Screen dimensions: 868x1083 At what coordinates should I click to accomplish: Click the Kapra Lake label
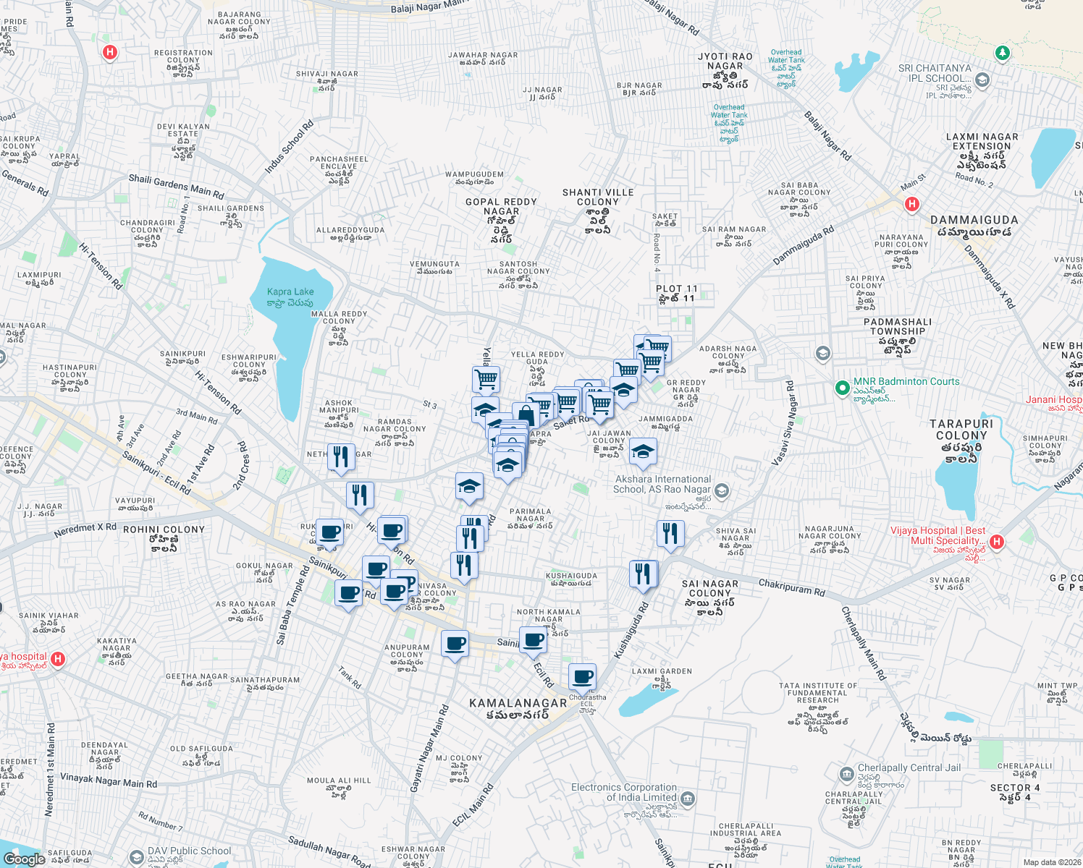(x=290, y=292)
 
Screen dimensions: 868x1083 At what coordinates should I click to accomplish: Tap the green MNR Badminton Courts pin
(x=841, y=388)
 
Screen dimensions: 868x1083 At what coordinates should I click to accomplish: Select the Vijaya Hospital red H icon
(x=996, y=542)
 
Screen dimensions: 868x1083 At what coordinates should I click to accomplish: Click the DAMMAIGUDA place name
(x=974, y=220)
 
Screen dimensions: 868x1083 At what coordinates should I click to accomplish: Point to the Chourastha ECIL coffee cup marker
(x=582, y=678)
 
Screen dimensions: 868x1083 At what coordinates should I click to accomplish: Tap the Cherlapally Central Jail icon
(x=847, y=775)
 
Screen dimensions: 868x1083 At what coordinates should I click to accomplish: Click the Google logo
(x=25, y=859)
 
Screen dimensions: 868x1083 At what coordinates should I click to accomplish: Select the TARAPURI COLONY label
(x=961, y=430)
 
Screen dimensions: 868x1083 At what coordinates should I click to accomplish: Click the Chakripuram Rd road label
(x=791, y=587)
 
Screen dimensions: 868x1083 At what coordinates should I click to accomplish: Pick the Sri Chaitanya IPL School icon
(x=982, y=80)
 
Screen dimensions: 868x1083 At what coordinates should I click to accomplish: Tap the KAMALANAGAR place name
(x=518, y=703)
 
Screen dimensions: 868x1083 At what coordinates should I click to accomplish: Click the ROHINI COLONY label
(x=164, y=529)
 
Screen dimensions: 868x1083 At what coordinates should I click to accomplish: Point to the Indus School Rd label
(x=289, y=147)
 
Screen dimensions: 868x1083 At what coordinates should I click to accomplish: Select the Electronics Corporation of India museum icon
(x=688, y=799)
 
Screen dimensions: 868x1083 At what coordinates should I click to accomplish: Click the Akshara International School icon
(x=721, y=491)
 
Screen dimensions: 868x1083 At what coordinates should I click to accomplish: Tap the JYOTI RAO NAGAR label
(x=725, y=66)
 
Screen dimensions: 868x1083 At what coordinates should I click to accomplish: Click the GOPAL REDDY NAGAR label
(x=501, y=207)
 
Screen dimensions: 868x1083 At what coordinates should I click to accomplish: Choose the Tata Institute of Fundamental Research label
(x=817, y=693)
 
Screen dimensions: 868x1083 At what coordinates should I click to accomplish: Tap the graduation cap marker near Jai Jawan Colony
(x=642, y=453)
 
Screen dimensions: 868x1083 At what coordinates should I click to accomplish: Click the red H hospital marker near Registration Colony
(x=110, y=52)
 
